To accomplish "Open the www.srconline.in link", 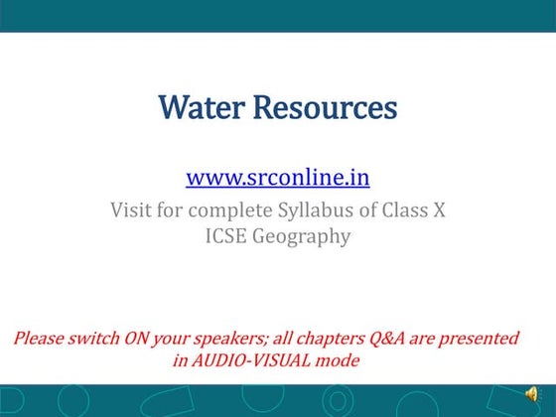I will click(x=277, y=179).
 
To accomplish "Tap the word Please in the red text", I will click(x=43, y=339).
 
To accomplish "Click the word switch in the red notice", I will click(x=97, y=339).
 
